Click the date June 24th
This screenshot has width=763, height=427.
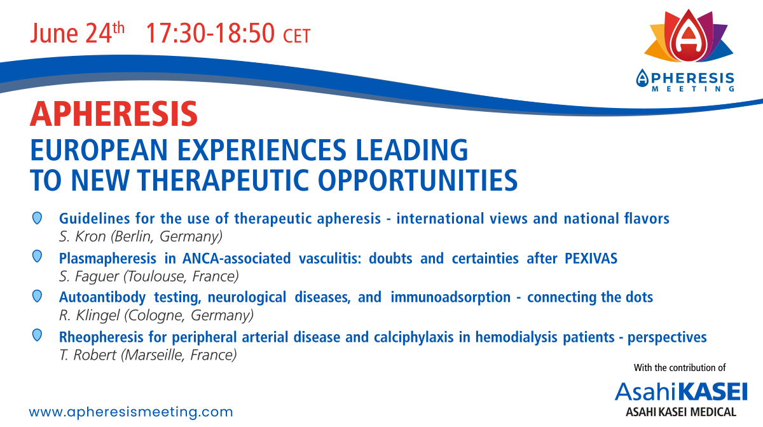click(x=78, y=33)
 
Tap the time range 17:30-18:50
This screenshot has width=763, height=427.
click(x=210, y=34)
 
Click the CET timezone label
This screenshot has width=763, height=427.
click(x=297, y=36)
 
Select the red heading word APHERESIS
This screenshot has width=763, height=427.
click(x=114, y=114)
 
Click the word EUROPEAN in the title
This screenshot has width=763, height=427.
click(x=99, y=150)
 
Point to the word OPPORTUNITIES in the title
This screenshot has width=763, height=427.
click(x=418, y=180)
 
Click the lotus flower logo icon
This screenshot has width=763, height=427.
click(x=689, y=36)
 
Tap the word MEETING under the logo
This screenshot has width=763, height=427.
click(x=693, y=89)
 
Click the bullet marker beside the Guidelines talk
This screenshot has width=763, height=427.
click(x=37, y=218)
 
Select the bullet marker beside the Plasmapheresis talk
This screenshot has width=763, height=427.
click(x=37, y=257)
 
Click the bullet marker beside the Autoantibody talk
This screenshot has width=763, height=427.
click(x=37, y=296)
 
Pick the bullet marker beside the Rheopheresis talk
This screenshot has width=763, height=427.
click(x=37, y=335)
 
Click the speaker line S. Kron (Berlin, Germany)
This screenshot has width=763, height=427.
click(x=141, y=236)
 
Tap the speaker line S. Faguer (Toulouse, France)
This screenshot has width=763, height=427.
click(x=149, y=276)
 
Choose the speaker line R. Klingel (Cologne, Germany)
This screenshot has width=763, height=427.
click(x=156, y=315)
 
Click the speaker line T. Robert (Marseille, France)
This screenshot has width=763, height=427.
click(x=148, y=355)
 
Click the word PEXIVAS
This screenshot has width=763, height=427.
click(x=591, y=259)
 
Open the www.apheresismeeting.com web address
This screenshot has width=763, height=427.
click(x=131, y=412)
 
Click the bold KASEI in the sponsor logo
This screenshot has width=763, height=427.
click(x=712, y=392)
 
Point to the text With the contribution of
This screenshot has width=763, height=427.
click(x=680, y=368)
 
